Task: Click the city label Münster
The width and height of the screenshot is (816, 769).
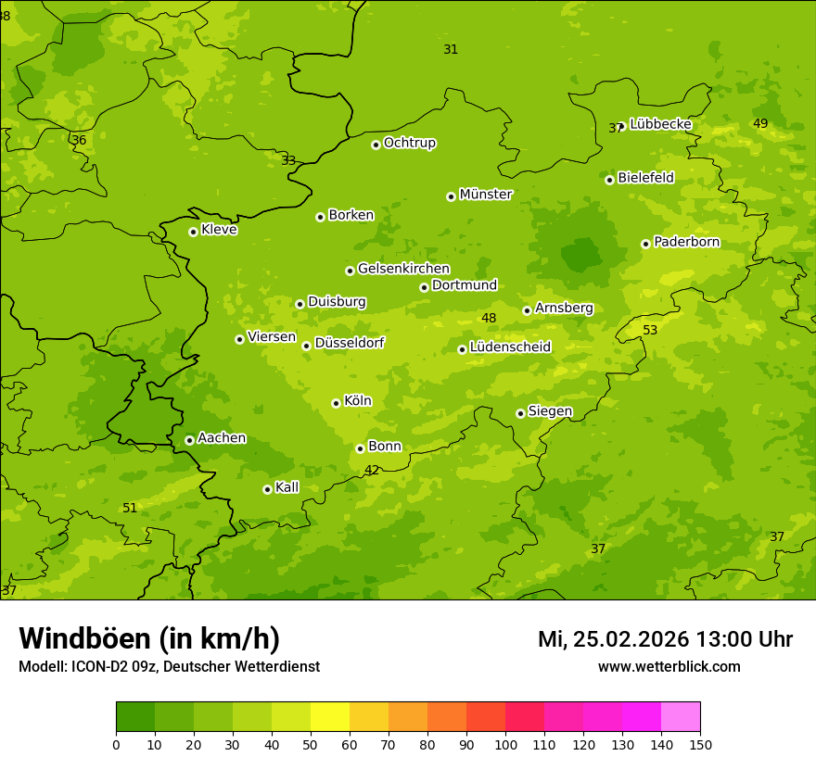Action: (x=485, y=195)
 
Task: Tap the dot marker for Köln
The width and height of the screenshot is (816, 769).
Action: (x=336, y=403)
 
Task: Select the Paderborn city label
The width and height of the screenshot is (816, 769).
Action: (x=686, y=242)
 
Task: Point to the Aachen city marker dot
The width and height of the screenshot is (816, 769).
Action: (x=189, y=440)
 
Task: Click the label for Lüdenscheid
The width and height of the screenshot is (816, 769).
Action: (x=510, y=347)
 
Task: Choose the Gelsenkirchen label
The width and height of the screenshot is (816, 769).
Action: (x=403, y=269)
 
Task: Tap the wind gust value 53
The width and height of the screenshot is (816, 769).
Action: (x=650, y=331)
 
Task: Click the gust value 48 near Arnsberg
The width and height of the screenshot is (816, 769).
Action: (x=489, y=319)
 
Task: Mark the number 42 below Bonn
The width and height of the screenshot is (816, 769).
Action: (x=371, y=471)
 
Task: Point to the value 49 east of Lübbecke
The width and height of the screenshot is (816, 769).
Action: (x=760, y=124)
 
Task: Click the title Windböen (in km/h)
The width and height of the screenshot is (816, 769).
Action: (x=149, y=638)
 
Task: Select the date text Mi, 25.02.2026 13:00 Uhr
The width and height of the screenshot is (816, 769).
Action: (x=665, y=639)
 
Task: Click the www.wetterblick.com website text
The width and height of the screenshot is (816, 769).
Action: (x=669, y=666)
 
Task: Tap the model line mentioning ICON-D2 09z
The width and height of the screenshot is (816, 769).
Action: (x=169, y=666)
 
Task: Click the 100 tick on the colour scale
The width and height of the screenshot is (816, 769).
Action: (x=505, y=744)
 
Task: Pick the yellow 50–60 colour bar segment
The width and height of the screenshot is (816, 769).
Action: (x=330, y=717)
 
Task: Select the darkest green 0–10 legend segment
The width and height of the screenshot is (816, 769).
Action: (x=135, y=717)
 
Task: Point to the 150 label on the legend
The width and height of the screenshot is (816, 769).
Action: (x=700, y=744)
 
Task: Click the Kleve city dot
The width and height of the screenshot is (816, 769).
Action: (x=193, y=232)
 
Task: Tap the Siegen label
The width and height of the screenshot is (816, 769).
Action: (x=550, y=411)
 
